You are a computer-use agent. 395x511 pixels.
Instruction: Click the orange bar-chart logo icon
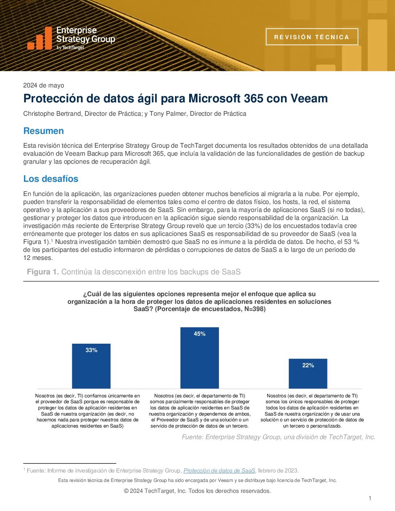coord(40,38)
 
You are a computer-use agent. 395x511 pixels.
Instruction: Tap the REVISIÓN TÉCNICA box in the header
coord(311,37)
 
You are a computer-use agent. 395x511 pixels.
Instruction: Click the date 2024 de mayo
coord(44,86)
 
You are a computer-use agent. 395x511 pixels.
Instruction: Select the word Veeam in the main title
coord(310,98)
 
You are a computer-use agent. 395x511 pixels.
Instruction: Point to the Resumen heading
coord(44,131)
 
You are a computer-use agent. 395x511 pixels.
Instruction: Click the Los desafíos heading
coord(51,179)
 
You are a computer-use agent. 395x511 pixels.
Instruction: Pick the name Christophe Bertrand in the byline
coord(52,114)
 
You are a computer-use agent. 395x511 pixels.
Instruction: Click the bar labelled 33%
coord(91,367)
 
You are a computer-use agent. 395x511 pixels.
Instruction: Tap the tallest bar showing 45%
coord(199,359)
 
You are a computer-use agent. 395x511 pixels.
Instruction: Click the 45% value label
coord(199,334)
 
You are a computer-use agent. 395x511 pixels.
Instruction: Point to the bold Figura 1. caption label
coord(43,272)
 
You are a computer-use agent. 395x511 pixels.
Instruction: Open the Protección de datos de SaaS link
coord(219,471)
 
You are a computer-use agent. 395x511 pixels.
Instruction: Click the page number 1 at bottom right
coord(370,498)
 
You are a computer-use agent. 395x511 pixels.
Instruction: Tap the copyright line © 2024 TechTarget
coord(197,491)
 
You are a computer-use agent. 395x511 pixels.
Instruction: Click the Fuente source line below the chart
coord(278,437)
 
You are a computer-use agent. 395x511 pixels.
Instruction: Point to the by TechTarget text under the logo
coord(70,48)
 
